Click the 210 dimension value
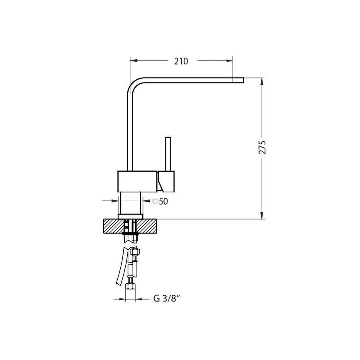(181, 61)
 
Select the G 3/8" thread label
(165, 298)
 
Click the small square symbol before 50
(155, 202)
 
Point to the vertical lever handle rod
(168, 153)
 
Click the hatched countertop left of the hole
(112, 226)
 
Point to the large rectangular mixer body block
(137, 181)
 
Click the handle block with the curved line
(167, 182)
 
